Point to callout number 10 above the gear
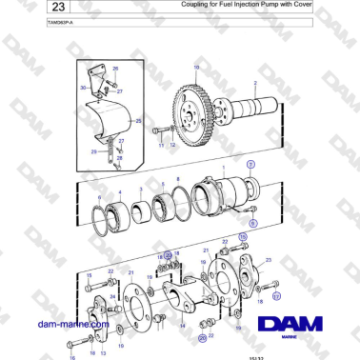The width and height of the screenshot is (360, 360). [x=197, y=68]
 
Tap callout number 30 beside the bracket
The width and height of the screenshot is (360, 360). [x=84, y=89]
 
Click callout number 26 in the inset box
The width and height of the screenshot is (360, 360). [x=116, y=70]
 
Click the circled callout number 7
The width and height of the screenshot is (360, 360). [x=251, y=164]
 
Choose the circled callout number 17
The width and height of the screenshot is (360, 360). [x=275, y=296]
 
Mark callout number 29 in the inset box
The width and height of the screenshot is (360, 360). [x=95, y=150]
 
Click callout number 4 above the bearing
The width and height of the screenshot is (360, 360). [x=119, y=191]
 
